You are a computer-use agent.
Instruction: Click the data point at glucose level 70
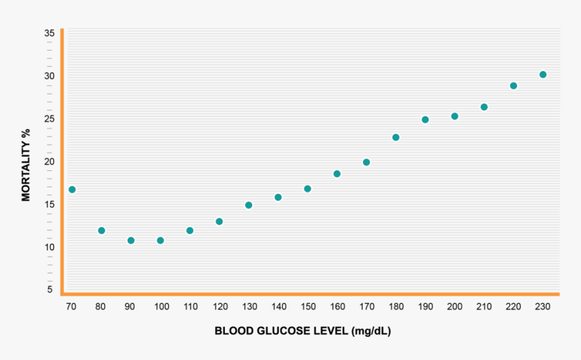(x=72, y=190)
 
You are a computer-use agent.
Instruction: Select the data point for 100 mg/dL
(x=160, y=240)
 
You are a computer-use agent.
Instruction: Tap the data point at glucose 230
(x=542, y=75)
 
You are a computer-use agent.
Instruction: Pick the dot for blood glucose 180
(x=396, y=138)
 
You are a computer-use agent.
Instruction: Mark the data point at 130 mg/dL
(x=249, y=205)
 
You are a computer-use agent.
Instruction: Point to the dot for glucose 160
(x=337, y=174)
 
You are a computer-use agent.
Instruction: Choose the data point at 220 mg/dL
(x=513, y=86)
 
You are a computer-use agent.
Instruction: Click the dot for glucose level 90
(x=131, y=240)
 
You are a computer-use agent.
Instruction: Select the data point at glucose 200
(x=455, y=116)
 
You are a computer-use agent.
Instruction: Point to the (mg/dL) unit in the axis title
(x=370, y=331)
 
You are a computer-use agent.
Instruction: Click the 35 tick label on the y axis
(x=49, y=33)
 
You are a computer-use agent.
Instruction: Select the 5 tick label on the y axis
(x=49, y=290)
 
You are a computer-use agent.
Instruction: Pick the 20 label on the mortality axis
(x=49, y=161)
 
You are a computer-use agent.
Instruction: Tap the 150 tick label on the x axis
(x=307, y=307)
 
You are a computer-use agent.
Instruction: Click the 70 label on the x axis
(x=71, y=307)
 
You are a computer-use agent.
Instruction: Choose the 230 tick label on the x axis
(x=542, y=307)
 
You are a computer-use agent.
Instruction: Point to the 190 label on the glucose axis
(x=425, y=307)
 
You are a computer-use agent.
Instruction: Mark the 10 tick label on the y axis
(x=49, y=247)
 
